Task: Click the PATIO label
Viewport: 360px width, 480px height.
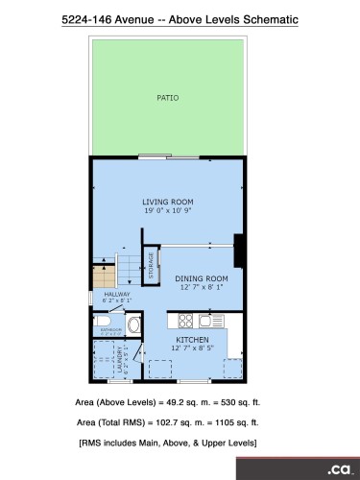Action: coord(167,97)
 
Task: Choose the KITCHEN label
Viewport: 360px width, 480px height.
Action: coord(192,340)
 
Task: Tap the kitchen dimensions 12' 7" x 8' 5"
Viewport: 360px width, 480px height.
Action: coord(192,348)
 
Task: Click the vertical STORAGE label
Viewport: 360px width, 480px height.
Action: coord(151,266)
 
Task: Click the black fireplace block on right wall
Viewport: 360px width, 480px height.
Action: coord(239,252)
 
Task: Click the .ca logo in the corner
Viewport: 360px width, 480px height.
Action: coord(338,469)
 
